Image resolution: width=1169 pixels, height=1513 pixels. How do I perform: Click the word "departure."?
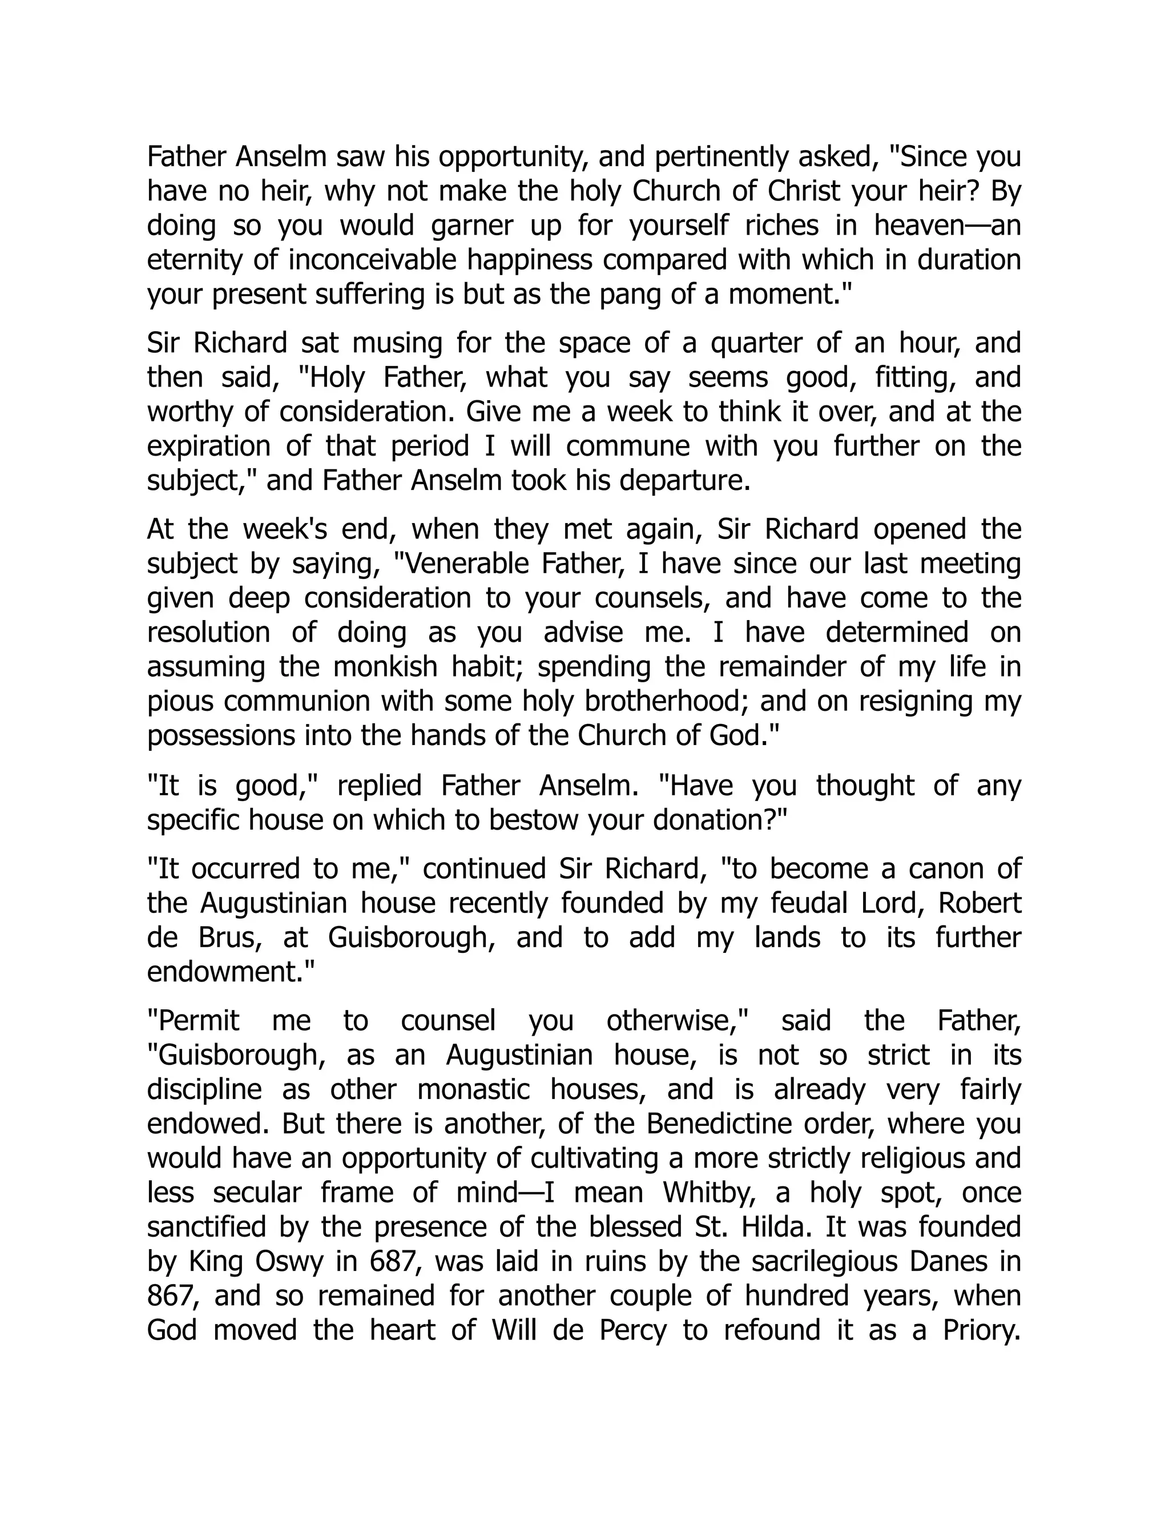pyautogui.click(x=685, y=480)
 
